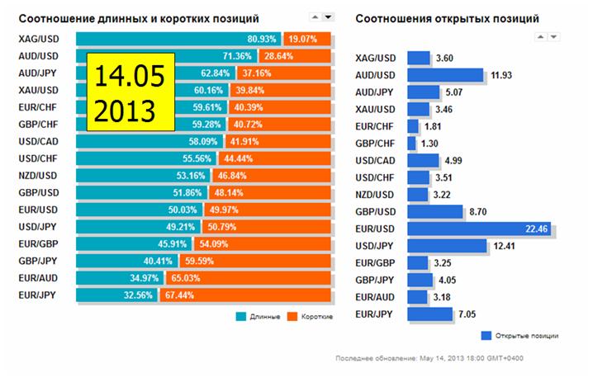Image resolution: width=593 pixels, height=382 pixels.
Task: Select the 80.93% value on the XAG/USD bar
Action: point(263,39)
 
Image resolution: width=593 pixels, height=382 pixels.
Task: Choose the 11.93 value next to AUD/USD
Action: point(501,75)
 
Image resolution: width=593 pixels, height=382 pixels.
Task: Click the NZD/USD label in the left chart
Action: point(37,175)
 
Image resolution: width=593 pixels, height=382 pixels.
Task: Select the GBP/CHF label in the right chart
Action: point(377,143)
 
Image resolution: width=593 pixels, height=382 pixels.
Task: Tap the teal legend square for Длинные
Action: point(240,316)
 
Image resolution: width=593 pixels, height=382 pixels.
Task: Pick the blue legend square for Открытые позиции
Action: point(486,335)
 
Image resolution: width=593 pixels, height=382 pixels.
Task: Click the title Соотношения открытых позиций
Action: point(447,17)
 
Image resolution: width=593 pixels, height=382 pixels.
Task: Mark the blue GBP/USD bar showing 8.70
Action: point(434,211)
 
